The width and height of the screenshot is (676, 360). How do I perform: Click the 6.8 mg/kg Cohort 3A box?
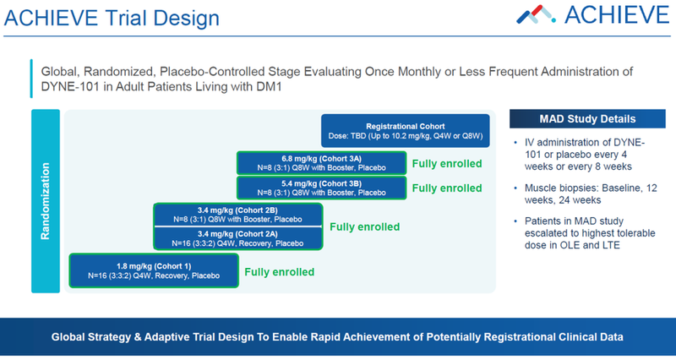point(320,164)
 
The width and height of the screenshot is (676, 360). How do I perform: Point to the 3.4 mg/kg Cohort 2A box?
point(237,238)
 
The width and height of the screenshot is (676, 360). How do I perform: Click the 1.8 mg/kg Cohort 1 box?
point(153,270)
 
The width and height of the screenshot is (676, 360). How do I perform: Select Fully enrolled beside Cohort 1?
point(279,271)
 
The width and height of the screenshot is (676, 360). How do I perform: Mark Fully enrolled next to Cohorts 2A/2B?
point(363,226)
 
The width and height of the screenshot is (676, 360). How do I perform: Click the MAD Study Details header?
point(588,118)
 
